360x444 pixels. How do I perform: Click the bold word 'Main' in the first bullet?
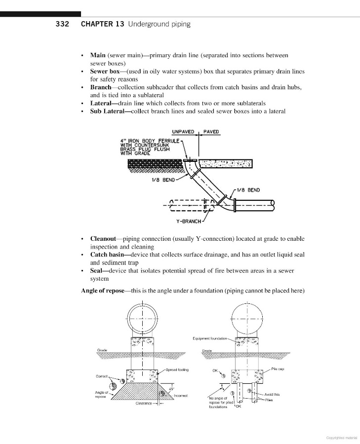click(x=98, y=55)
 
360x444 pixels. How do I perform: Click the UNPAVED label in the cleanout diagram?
click(x=183, y=132)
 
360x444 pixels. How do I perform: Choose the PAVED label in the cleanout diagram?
click(x=211, y=132)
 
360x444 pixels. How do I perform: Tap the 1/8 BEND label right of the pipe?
click(x=248, y=190)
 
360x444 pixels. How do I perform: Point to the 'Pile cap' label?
click(x=277, y=369)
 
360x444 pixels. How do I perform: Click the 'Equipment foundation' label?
click(x=209, y=338)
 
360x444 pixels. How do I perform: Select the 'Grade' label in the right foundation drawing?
click(x=207, y=351)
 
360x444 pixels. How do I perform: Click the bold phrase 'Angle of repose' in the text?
click(x=103, y=291)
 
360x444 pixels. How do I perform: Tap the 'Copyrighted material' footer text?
click(x=343, y=437)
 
